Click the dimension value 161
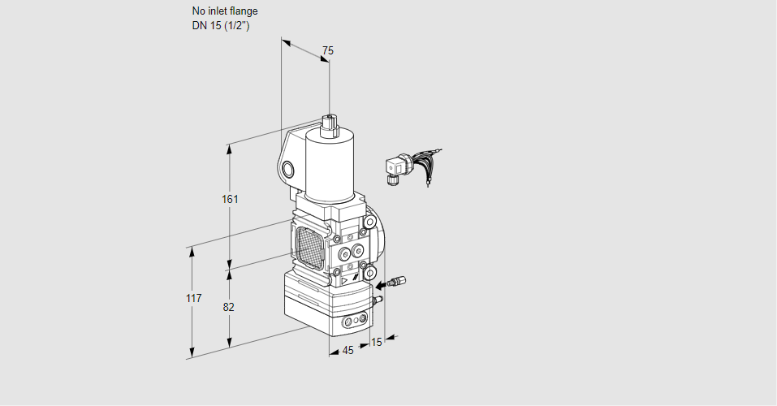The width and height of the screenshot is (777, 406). pyautogui.click(x=230, y=200)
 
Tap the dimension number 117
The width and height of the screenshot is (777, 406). pyautogui.click(x=192, y=299)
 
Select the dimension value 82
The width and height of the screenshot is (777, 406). pyautogui.click(x=229, y=307)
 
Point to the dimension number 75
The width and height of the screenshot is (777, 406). pyautogui.click(x=327, y=51)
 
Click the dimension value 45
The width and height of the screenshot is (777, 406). pyautogui.click(x=347, y=351)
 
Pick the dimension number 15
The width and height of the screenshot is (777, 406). pyautogui.click(x=375, y=343)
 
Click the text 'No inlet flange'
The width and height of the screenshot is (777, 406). pyautogui.click(x=225, y=11)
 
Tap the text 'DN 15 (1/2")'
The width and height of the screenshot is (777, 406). pyautogui.click(x=220, y=25)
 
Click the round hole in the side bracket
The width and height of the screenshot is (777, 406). pyautogui.click(x=288, y=169)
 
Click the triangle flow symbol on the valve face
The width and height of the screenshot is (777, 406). pyautogui.click(x=345, y=279)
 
